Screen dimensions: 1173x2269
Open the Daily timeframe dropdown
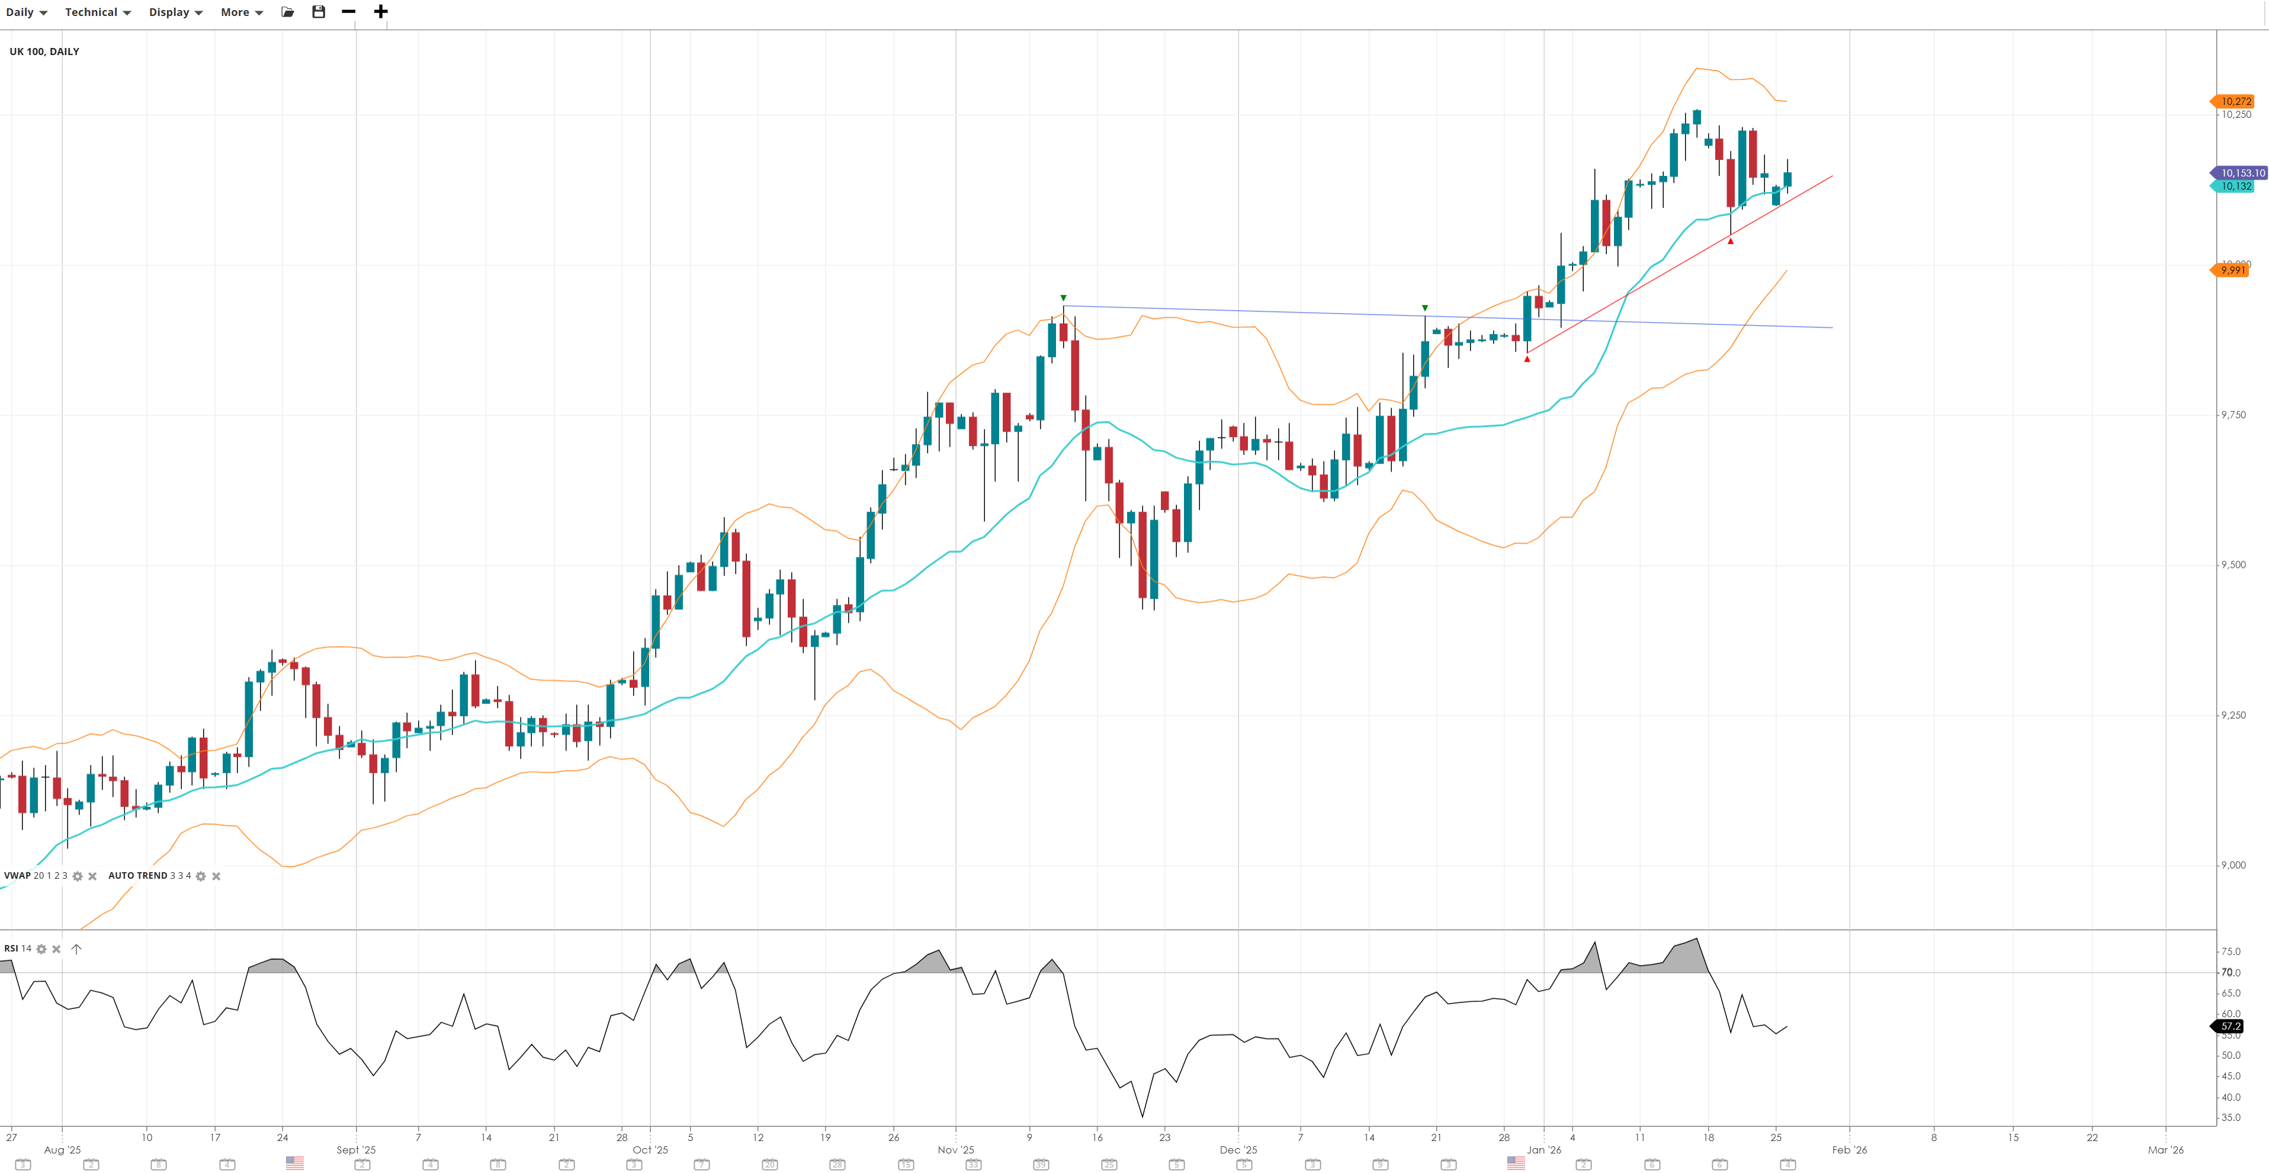pos(27,12)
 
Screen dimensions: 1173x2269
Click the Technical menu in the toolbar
pos(97,12)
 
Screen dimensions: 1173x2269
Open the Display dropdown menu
pos(175,12)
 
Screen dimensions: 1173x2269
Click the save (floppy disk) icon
pos(319,11)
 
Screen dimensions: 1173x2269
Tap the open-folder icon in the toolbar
pos(288,11)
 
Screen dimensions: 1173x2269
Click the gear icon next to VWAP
pos(78,876)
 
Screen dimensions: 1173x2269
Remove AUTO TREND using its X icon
pos(216,876)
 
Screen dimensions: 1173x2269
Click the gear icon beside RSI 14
pos(41,949)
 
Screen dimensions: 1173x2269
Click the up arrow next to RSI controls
pos(76,949)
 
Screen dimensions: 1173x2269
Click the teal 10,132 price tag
pos(2235,187)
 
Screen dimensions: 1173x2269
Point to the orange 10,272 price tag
pos(2235,101)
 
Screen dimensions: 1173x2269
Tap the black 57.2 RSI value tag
pos(2231,1027)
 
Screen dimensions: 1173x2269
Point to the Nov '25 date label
pos(956,1150)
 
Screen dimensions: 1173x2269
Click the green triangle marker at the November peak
pos(1063,298)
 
